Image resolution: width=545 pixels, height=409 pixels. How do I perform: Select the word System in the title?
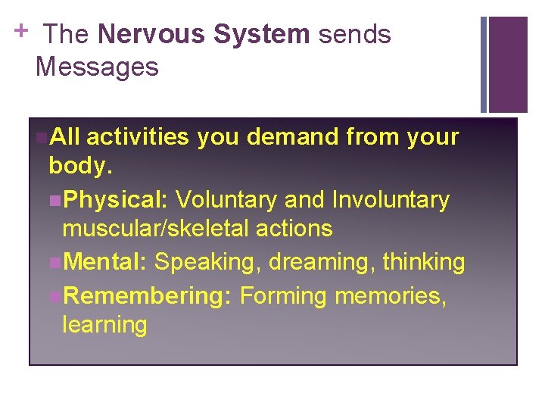262,35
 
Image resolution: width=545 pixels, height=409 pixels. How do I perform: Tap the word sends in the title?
354,35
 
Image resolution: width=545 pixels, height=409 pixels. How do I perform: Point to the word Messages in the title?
97,67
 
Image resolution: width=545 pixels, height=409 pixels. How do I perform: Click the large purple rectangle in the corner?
508,64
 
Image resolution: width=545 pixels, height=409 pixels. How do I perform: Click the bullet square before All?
41,138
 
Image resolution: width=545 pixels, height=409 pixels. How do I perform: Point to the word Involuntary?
391,200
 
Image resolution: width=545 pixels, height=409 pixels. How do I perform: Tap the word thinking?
424,262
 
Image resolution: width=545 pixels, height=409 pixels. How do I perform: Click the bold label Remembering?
147,295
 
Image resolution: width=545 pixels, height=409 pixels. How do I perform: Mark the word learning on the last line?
104,325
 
